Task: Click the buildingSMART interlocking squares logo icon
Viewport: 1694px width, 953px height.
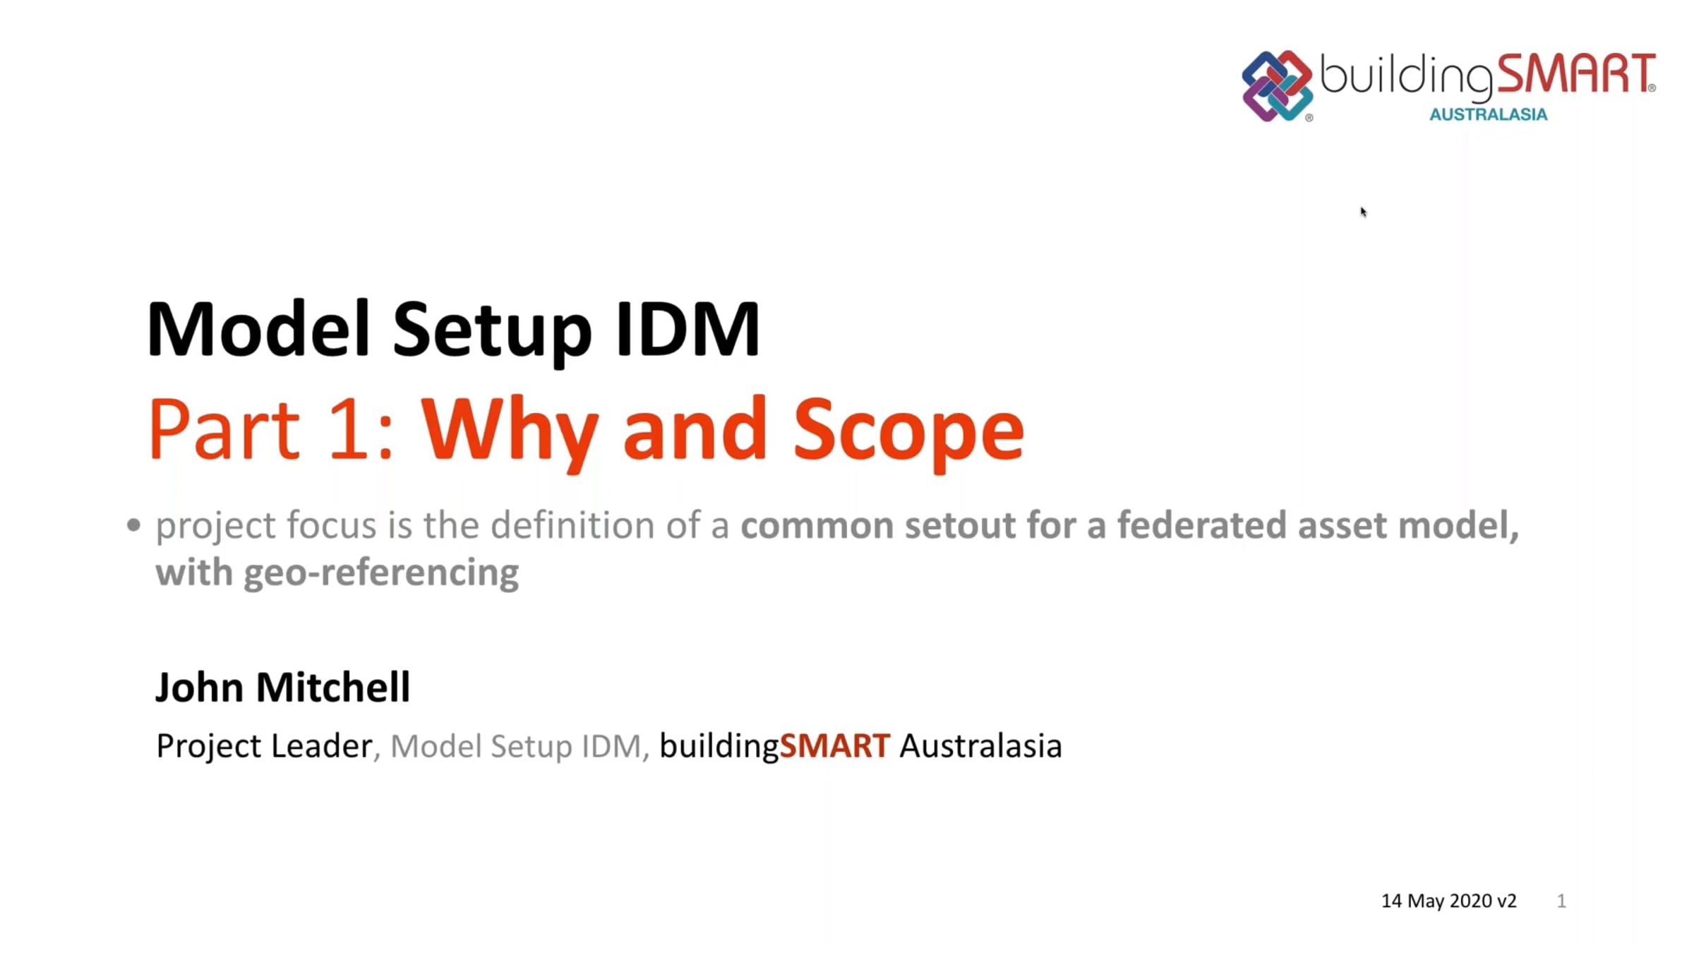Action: (x=1277, y=86)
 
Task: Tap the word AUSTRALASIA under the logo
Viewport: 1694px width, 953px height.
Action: (x=1488, y=114)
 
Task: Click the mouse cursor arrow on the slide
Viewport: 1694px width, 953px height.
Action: (x=1364, y=212)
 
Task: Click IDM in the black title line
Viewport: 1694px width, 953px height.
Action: (x=687, y=329)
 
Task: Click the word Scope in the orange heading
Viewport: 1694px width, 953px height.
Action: (x=908, y=430)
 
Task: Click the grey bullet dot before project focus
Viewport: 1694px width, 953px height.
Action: (x=133, y=525)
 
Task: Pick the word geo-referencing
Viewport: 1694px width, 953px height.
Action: (x=381, y=573)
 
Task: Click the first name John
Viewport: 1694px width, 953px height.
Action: (x=199, y=688)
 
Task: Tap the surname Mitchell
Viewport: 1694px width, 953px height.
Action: (x=333, y=688)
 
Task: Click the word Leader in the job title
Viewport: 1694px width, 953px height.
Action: (x=322, y=746)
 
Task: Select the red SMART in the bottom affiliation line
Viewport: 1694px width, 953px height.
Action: (x=834, y=746)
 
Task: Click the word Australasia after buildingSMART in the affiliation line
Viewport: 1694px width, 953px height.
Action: (x=980, y=746)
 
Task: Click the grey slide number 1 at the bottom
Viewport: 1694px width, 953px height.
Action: (x=1561, y=901)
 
